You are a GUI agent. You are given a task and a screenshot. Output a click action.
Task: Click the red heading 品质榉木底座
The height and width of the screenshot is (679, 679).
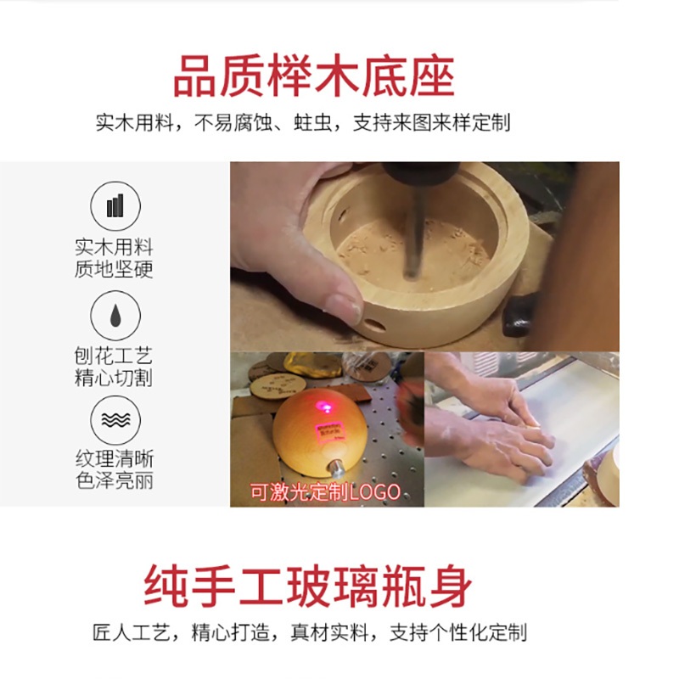click(313, 76)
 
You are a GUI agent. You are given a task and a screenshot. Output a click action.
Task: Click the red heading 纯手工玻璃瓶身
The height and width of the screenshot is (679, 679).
click(308, 586)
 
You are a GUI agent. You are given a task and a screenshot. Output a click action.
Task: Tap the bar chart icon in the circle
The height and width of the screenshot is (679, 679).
click(115, 205)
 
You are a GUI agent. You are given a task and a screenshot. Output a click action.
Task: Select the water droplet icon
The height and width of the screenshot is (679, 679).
click(115, 316)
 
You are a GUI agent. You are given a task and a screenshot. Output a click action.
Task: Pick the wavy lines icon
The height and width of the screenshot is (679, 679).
click(115, 420)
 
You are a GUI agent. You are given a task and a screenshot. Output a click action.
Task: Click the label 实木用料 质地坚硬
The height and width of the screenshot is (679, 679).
click(114, 258)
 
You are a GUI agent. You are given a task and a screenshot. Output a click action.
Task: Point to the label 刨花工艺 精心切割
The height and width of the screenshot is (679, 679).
click(114, 367)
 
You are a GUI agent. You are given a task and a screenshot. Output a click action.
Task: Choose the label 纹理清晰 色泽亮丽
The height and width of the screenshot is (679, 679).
click(115, 469)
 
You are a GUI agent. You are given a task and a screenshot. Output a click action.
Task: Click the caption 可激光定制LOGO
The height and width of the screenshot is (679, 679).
click(326, 492)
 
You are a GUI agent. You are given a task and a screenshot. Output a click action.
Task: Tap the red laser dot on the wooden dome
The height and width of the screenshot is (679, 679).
click(324, 407)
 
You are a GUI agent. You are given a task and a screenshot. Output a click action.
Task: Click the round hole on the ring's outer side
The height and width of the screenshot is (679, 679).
click(375, 324)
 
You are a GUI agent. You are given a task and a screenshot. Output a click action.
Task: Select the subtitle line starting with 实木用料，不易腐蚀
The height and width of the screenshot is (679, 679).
click(303, 122)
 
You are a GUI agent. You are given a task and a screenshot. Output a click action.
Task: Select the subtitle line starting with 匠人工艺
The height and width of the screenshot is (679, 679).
click(310, 632)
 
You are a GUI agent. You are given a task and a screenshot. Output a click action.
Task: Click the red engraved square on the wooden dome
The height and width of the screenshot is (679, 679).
click(328, 431)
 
